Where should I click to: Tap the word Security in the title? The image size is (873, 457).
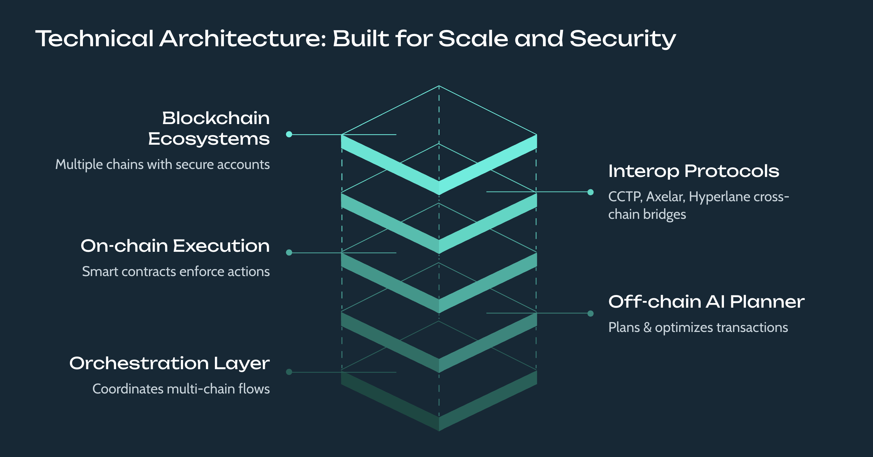622,39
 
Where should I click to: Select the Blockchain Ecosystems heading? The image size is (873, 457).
209,128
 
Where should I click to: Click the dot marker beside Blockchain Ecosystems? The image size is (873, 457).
289,134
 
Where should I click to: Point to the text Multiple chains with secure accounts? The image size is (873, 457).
162,165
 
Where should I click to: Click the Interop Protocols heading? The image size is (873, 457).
693,171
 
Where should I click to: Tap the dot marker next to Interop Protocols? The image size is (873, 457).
590,192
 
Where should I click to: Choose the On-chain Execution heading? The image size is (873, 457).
175,245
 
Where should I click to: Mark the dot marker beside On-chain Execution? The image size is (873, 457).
289,252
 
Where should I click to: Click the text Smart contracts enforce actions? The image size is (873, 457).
176,272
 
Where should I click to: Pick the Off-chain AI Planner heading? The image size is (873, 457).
706,302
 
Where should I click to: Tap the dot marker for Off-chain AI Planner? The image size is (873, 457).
590,313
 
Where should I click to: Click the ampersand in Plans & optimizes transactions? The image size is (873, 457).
647,328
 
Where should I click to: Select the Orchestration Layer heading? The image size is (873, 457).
169,363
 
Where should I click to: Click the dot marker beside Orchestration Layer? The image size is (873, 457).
289,372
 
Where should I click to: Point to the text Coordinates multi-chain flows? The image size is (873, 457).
181,389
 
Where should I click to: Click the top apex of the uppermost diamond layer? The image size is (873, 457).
439,86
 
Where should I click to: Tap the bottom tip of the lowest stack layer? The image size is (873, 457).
439,430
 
